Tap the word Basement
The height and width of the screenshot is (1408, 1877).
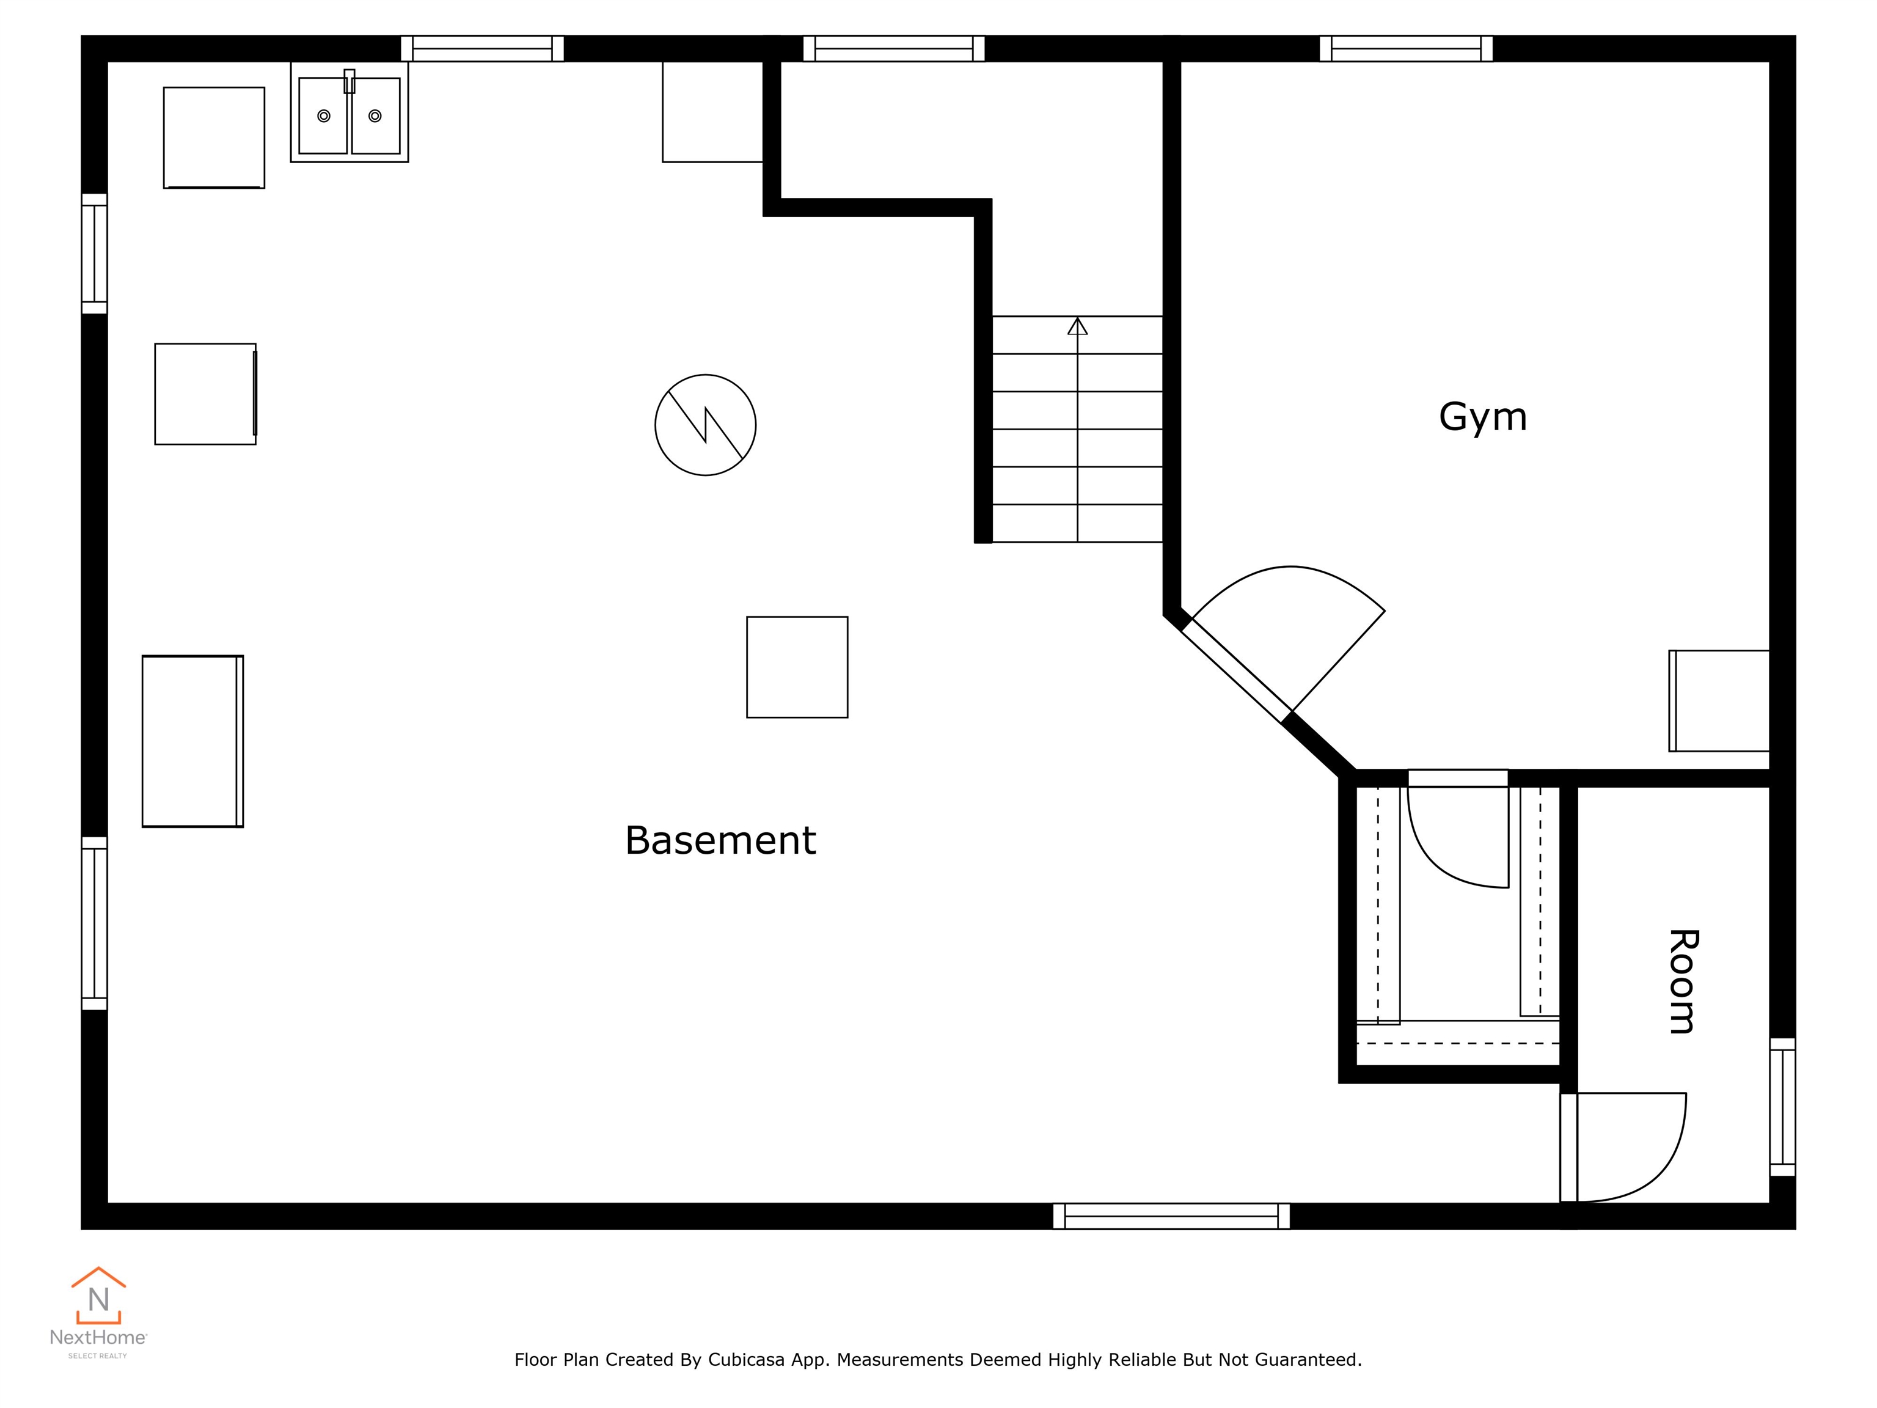click(x=720, y=840)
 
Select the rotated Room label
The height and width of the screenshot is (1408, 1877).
click(x=1682, y=982)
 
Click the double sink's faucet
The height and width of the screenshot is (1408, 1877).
click(x=349, y=81)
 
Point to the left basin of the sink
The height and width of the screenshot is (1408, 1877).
click(x=323, y=116)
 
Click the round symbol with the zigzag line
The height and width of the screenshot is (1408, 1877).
click(x=705, y=425)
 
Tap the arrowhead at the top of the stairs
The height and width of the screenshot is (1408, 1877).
click(x=1078, y=326)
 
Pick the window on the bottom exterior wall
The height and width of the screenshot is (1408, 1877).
click(x=1171, y=1216)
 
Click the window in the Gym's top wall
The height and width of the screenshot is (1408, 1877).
click(x=1406, y=48)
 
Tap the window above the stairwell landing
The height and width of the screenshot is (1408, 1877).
click(x=893, y=48)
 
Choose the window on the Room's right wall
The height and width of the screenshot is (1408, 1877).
click(x=1783, y=1107)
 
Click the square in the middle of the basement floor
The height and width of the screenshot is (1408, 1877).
click(x=797, y=667)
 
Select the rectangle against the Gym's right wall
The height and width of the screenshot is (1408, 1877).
click(x=1719, y=701)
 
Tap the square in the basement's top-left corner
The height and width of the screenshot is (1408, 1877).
click(x=214, y=137)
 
